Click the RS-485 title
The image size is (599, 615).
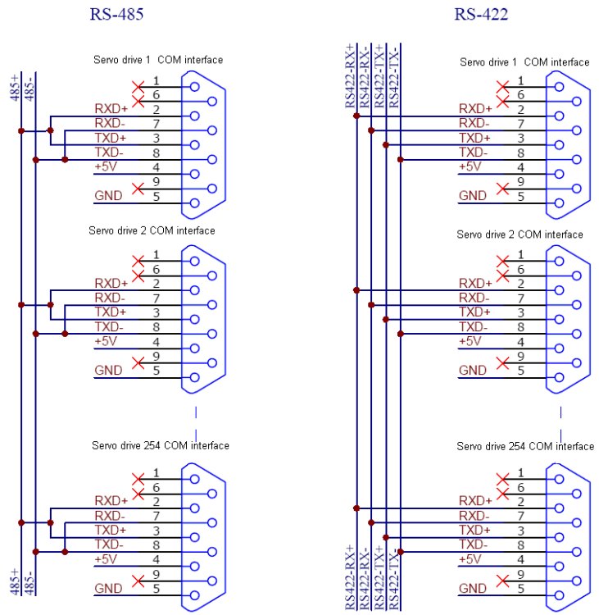tap(116, 14)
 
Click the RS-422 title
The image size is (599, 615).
tap(481, 14)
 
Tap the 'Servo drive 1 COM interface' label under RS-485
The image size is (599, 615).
tap(158, 60)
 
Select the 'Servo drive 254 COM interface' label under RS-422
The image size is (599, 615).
tap(525, 446)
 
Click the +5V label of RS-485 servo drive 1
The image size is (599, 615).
tap(106, 166)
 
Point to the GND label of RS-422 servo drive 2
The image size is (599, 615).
tap(472, 371)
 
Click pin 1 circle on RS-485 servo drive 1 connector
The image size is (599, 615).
tap(194, 87)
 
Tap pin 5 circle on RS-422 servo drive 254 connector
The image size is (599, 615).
tap(559, 595)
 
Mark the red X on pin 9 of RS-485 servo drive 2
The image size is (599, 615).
tap(138, 362)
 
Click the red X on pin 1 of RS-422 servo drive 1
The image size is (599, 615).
tap(502, 87)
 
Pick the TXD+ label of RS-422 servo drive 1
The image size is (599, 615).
tap(474, 138)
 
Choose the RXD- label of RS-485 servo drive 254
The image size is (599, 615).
tap(110, 516)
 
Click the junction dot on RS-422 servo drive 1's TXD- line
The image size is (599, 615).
tap(400, 160)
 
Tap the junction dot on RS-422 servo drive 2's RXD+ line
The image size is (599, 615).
tap(356, 290)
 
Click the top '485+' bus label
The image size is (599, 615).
tap(15, 88)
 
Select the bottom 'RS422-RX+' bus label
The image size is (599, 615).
tap(350, 577)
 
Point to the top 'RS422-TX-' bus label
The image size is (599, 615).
tap(393, 77)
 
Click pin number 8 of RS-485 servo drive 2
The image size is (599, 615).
tap(156, 326)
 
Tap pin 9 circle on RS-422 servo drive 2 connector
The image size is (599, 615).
tap(577, 362)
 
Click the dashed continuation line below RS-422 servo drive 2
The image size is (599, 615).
tap(560, 424)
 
